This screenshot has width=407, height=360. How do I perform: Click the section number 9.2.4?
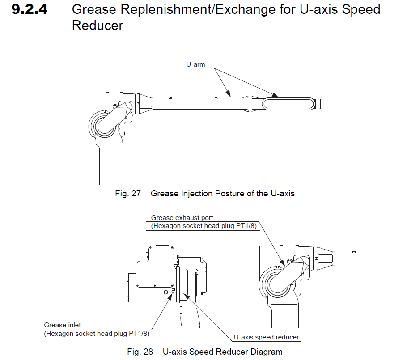pyautogui.click(x=30, y=10)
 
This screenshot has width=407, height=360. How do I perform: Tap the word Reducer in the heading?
pyautogui.click(x=97, y=26)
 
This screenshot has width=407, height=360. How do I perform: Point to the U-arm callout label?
pyautogui.click(x=195, y=64)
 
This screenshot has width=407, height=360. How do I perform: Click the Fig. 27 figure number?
pyautogui.click(x=127, y=194)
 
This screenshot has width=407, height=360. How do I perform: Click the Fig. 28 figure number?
pyautogui.click(x=140, y=352)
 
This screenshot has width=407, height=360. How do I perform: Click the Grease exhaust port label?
pyautogui.click(x=182, y=218)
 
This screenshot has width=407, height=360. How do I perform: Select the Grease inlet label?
pyautogui.click(x=63, y=325)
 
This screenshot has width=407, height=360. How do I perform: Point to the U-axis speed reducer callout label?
pyautogui.click(x=266, y=337)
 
